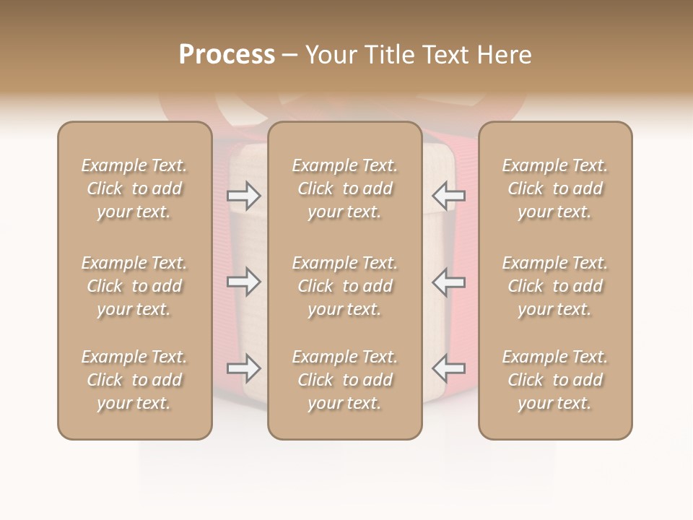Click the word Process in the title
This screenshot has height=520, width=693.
(227, 55)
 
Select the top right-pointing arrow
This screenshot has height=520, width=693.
(244, 195)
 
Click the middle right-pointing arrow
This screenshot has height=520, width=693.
(244, 282)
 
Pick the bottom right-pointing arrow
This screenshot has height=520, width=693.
(244, 368)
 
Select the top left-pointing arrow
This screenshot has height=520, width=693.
(449, 195)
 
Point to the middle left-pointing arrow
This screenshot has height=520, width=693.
(449, 282)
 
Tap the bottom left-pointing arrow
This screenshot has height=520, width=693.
(449, 368)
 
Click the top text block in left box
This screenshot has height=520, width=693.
(134, 188)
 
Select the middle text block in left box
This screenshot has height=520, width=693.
(134, 286)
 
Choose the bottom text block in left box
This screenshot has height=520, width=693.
(134, 380)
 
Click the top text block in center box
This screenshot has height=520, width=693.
(345, 188)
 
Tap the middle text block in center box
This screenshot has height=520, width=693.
(345, 286)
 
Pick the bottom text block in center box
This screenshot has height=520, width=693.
(345, 380)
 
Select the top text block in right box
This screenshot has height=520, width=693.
(555, 188)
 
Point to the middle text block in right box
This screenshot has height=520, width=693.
(555, 286)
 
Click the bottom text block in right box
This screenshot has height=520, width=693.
(555, 380)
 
